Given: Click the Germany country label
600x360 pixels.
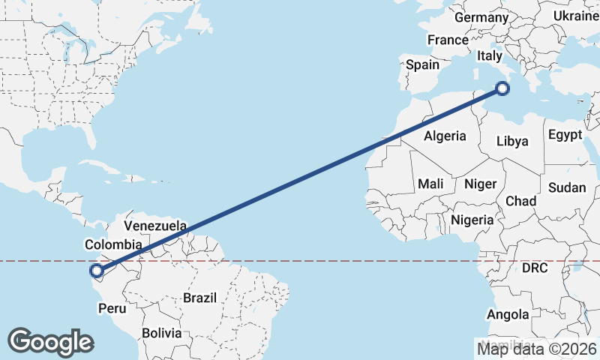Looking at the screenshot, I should (x=481, y=17).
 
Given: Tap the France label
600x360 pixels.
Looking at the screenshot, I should (x=448, y=40).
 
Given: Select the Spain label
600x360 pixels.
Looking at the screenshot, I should (x=422, y=64).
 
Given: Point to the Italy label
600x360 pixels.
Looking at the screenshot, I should (x=490, y=55).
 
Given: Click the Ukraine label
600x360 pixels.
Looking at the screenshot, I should (x=576, y=16).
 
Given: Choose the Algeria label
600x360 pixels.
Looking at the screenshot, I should (x=445, y=136).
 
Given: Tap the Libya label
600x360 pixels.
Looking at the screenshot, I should (x=512, y=141).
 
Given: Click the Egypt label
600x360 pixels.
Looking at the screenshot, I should (x=565, y=135).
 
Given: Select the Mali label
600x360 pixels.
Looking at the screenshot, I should (x=430, y=184).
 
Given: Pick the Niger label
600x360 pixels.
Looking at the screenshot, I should (x=481, y=184).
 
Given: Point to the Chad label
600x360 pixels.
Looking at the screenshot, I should (x=520, y=201).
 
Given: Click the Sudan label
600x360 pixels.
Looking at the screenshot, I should (x=567, y=187).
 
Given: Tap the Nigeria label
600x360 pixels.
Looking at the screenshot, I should (x=472, y=220).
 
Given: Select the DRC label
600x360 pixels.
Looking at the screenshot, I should (x=535, y=268).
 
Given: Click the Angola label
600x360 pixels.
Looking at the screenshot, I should (x=508, y=314).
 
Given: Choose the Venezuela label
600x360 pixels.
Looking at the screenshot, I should (x=155, y=225).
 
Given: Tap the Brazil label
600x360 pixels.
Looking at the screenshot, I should (x=199, y=298).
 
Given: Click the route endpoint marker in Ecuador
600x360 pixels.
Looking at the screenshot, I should (x=95, y=271).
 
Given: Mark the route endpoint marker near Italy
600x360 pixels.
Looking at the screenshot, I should (x=502, y=89).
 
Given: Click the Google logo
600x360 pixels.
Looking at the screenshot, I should (x=50, y=341).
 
